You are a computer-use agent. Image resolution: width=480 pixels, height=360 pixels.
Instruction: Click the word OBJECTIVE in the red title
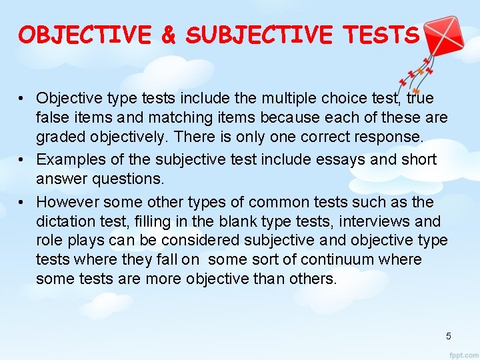(85, 35)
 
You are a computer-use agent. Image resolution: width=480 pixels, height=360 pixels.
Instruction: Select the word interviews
(379, 221)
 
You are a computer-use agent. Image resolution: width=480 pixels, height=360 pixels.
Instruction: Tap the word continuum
(339, 260)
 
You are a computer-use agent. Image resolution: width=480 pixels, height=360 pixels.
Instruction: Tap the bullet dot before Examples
(23, 160)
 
